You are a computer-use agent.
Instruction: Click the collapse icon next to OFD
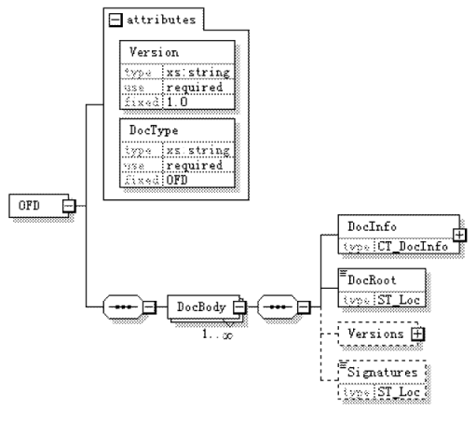pyautogui.click(x=68, y=205)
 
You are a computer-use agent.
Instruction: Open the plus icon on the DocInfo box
pyautogui.click(x=458, y=234)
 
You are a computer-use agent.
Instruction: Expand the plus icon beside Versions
pyautogui.click(x=416, y=333)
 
